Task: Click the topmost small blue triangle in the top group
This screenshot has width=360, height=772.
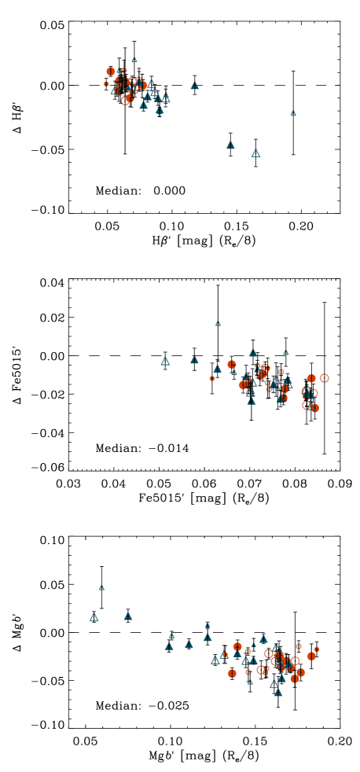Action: coord(134,60)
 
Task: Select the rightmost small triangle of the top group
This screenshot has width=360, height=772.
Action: coord(293,113)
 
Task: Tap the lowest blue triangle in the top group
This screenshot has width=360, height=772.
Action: coord(255,153)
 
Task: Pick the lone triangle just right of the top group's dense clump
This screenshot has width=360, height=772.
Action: coord(195,86)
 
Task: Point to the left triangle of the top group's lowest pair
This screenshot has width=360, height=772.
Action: coord(230,145)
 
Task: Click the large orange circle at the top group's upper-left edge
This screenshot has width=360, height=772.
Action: coord(111,72)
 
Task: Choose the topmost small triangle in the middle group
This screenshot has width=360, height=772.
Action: coord(218,323)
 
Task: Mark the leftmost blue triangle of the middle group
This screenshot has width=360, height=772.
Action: coord(165,362)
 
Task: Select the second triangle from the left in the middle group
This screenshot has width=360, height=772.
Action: coord(194,360)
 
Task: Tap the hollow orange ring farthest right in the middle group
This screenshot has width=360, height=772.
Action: coord(324,378)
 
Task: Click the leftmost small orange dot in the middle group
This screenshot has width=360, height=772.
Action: coord(211,378)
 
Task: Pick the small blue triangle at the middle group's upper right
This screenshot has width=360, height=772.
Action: coord(286,352)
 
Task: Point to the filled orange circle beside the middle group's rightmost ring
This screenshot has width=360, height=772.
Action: coord(311,378)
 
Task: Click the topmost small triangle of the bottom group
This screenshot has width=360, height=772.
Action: coord(101,587)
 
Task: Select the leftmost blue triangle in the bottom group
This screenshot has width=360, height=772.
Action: coord(94,618)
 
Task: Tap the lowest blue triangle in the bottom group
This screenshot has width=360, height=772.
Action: coord(278,693)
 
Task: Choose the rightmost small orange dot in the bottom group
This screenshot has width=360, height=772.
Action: coord(316,649)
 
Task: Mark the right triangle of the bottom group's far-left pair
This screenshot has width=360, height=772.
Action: coord(128,616)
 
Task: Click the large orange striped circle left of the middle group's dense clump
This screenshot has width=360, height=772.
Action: coord(232,365)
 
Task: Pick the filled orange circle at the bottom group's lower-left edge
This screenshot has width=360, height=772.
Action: coord(232,673)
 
